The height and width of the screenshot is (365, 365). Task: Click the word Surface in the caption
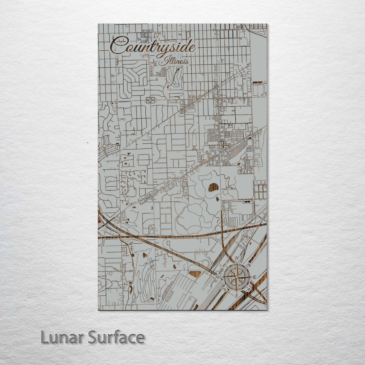coord(116,337)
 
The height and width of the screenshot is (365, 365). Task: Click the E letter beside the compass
coord(254,277)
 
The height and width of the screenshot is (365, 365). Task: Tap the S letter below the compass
coord(236,295)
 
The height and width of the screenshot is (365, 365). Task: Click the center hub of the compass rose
coord(237,277)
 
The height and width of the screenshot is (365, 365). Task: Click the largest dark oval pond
coord(213,187)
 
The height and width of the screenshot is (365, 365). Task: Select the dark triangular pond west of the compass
coord(195,274)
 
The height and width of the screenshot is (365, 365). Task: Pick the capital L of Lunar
coord(44,337)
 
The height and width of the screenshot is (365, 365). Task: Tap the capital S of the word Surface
coord(93,337)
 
